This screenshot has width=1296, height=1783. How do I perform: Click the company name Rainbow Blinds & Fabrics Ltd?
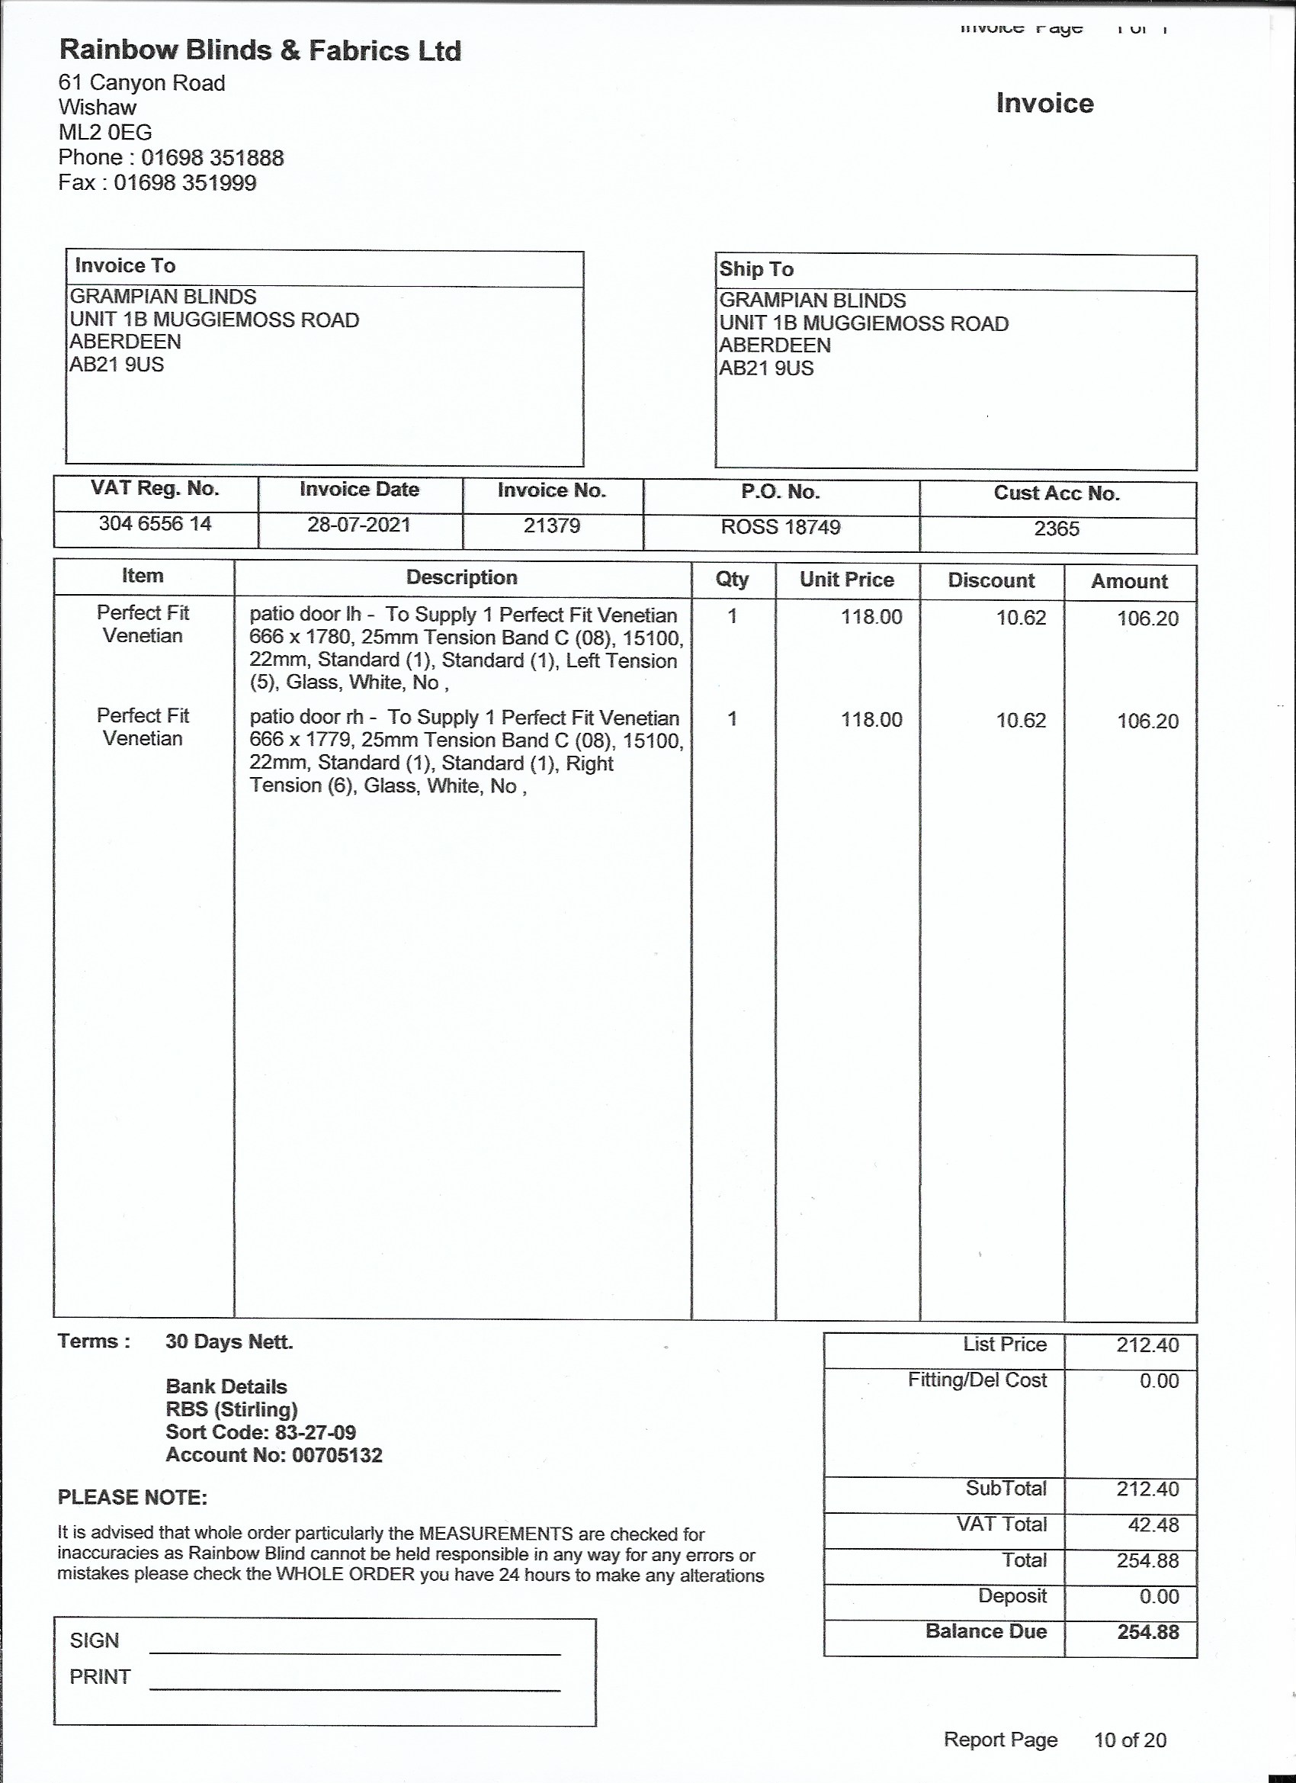click(x=260, y=50)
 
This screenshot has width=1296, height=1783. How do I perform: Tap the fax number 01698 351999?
click(x=184, y=183)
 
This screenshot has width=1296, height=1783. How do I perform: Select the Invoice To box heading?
click(x=125, y=265)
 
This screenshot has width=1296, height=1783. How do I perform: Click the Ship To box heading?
click(x=756, y=269)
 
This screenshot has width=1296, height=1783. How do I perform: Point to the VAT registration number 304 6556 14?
click(x=155, y=524)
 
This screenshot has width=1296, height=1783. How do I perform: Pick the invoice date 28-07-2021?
click(x=358, y=525)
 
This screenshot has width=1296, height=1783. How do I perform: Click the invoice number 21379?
click(x=552, y=525)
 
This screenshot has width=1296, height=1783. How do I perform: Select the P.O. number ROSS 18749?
click(x=781, y=527)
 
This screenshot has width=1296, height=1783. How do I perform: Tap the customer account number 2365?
click(x=1057, y=528)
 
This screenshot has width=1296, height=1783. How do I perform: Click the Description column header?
click(x=461, y=578)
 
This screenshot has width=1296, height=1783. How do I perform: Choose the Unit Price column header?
click(x=846, y=580)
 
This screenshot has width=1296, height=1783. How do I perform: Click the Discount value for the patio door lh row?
click(x=1021, y=618)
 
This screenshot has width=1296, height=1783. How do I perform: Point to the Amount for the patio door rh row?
click(x=1147, y=721)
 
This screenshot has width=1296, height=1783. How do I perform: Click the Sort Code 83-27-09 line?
click(x=261, y=1431)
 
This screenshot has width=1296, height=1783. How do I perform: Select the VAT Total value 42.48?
click(x=1153, y=1524)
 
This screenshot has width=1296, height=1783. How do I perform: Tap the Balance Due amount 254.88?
click(x=1147, y=1631)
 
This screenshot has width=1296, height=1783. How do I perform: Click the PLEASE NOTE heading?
click(x=132, y=1497)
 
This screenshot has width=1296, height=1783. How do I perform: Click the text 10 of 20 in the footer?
click(x=1129, y=1740)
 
